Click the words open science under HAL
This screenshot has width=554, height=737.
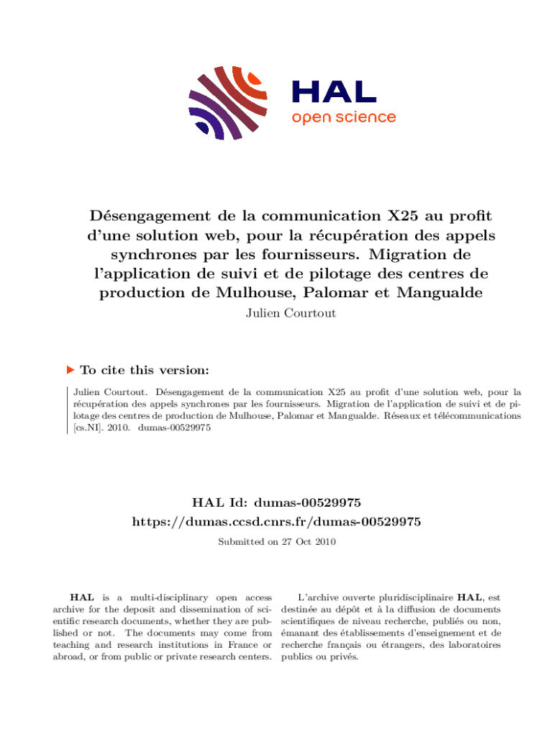click(343, 117)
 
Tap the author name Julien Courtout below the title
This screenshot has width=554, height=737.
click(277, 314)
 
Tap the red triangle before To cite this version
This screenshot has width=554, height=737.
click(71, 369)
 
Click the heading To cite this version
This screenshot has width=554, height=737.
click(145, 370)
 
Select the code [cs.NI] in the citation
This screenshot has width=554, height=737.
click(88, 428)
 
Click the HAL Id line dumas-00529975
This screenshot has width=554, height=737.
click(277, 501)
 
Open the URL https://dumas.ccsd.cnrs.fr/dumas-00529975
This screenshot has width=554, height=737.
click(277, 520)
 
